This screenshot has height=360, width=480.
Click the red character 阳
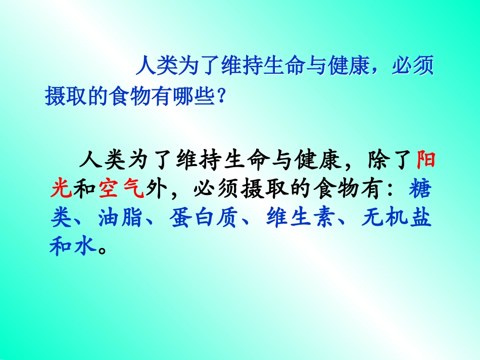point(424,161)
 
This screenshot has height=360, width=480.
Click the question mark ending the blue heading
point(220,96)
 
